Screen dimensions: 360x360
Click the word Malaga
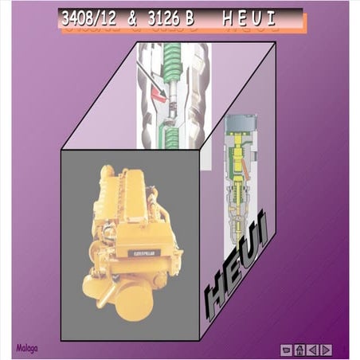26,348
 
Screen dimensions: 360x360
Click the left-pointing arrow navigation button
313,349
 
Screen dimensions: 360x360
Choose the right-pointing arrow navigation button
326,349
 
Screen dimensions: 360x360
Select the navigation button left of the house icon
287,349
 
